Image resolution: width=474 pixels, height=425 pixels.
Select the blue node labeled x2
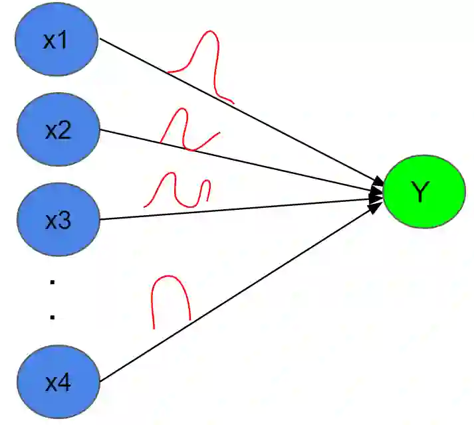click(x=57, y=130)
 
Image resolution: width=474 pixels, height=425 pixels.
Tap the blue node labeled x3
click(x=57, y=220)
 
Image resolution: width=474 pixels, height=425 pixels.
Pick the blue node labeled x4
click(x=57, y=382)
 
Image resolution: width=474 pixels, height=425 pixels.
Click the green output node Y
click(x=423, y=192)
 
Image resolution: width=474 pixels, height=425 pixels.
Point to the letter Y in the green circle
click(x=420, y=192)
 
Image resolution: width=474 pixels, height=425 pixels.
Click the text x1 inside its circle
click(x=56, y=41)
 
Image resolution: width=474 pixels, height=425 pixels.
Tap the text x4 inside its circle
click(x=58, y=383)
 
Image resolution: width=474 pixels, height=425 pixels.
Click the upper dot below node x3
click(x=52, y=282)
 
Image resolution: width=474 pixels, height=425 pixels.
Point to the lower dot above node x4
click(x=52, y=317)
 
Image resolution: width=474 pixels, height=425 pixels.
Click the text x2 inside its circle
click(x=58, y=131)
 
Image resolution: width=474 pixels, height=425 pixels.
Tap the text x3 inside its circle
click(x=58, y=220)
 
